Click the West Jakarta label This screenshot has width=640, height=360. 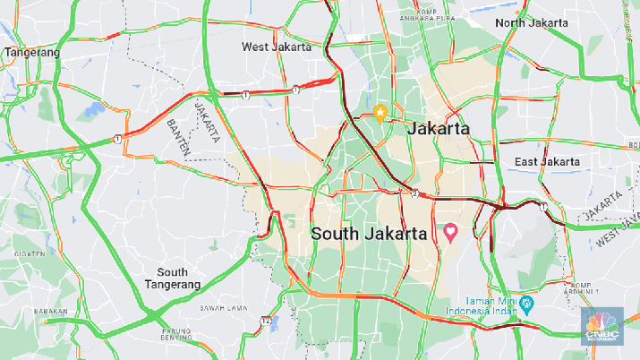click(x=276, y=47)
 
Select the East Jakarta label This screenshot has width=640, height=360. click(x=547, y=162)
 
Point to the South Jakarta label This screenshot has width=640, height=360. click(x=368, y=234)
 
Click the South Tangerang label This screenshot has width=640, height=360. click(x=172, y=279)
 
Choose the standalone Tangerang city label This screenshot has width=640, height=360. click(x=32, y=53)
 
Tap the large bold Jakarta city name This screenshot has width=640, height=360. click(x=439, y=130)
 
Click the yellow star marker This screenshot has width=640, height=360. click(x=380, y=114)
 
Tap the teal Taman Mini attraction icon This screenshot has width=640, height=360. click(x=527, y=304)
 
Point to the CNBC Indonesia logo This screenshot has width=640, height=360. click(x=603, y=326)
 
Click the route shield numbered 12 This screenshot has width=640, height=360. click(x=267, y=321)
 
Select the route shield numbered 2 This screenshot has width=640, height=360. click(x=415, y=193)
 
